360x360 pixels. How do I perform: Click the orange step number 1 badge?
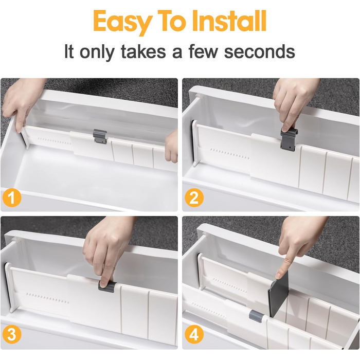[x=12, y=197]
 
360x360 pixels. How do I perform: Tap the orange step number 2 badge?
[x=194, y=197]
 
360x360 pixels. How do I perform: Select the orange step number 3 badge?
[x=12, y=334]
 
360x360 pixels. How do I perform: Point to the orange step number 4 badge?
[x=194, y=334]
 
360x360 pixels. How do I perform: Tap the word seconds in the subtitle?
[x=259, y=51]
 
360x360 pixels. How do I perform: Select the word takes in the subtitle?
[x=143, y=51]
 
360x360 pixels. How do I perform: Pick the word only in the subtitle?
[x=97, y=52]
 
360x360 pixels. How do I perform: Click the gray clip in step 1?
[x=100, y=136]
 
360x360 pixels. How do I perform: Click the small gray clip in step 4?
[x=257, y=316]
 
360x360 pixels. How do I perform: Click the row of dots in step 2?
[x=229, y=154]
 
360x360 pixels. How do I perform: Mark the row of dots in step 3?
[x=48, y=298]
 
